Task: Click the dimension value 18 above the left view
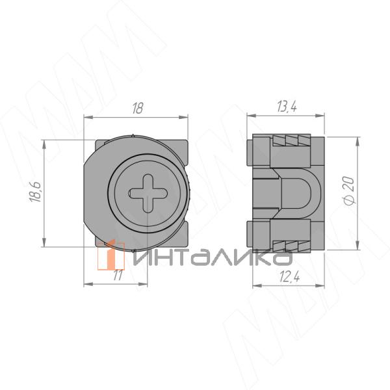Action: (138, 108)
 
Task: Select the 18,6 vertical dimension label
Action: (35, 192)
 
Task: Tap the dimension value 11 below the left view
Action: (118, 276)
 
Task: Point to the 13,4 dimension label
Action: (287, 107)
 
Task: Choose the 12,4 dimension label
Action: (289, 277)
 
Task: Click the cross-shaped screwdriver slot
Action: (148, 193)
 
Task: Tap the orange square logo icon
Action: (111, 255)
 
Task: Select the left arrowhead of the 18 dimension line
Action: (88, 117)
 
